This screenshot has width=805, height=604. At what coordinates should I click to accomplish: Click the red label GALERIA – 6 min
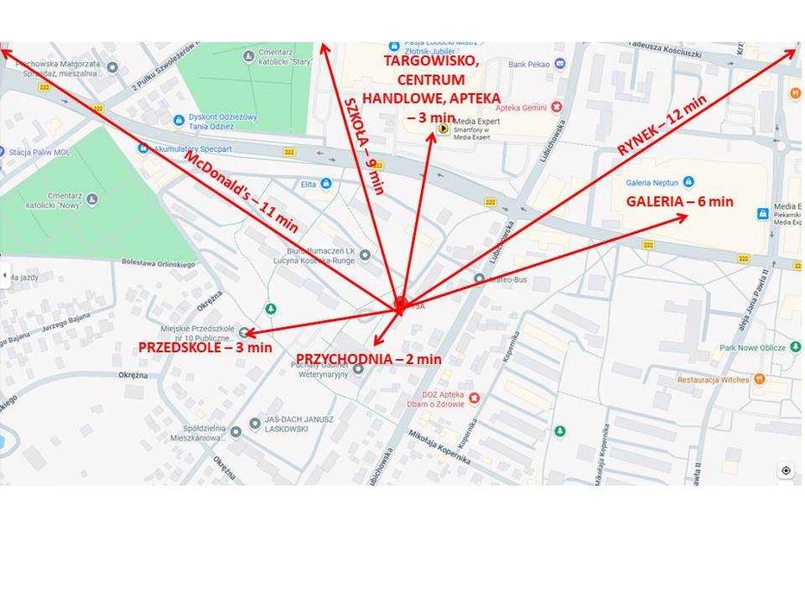[x=679, y=202]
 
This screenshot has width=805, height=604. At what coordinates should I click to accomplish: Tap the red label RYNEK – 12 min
[x=662, y=124]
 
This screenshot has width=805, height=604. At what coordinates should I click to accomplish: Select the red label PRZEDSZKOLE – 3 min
[x=205, y=348]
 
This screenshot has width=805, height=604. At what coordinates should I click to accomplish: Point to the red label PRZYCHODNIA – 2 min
[x=368, y=359]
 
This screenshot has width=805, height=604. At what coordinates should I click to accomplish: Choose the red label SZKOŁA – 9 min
[x=364, y=146]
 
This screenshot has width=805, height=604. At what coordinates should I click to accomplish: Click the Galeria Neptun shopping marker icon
[x=688, y=182]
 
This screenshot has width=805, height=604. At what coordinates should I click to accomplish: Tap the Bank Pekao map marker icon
[x=560, y=64]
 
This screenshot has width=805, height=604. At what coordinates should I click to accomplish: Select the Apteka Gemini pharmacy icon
[x=557, y=107]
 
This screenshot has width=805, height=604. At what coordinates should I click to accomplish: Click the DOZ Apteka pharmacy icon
[x=474, y=397]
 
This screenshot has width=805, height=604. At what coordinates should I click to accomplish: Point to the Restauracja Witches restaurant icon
[x=758, y=379]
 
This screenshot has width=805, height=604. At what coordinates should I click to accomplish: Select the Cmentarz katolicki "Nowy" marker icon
[x=92, y=200]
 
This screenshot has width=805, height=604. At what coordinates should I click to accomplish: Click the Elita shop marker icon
[x=326, y=184]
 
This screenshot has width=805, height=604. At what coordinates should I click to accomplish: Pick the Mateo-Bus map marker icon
[x=479, y=279]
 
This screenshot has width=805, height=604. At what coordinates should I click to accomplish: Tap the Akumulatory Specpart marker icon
[x=143, y=148]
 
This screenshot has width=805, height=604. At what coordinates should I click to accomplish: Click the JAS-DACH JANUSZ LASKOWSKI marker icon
[x=255, y=424]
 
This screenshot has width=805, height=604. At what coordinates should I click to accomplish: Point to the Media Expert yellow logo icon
[x=443, y=129]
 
